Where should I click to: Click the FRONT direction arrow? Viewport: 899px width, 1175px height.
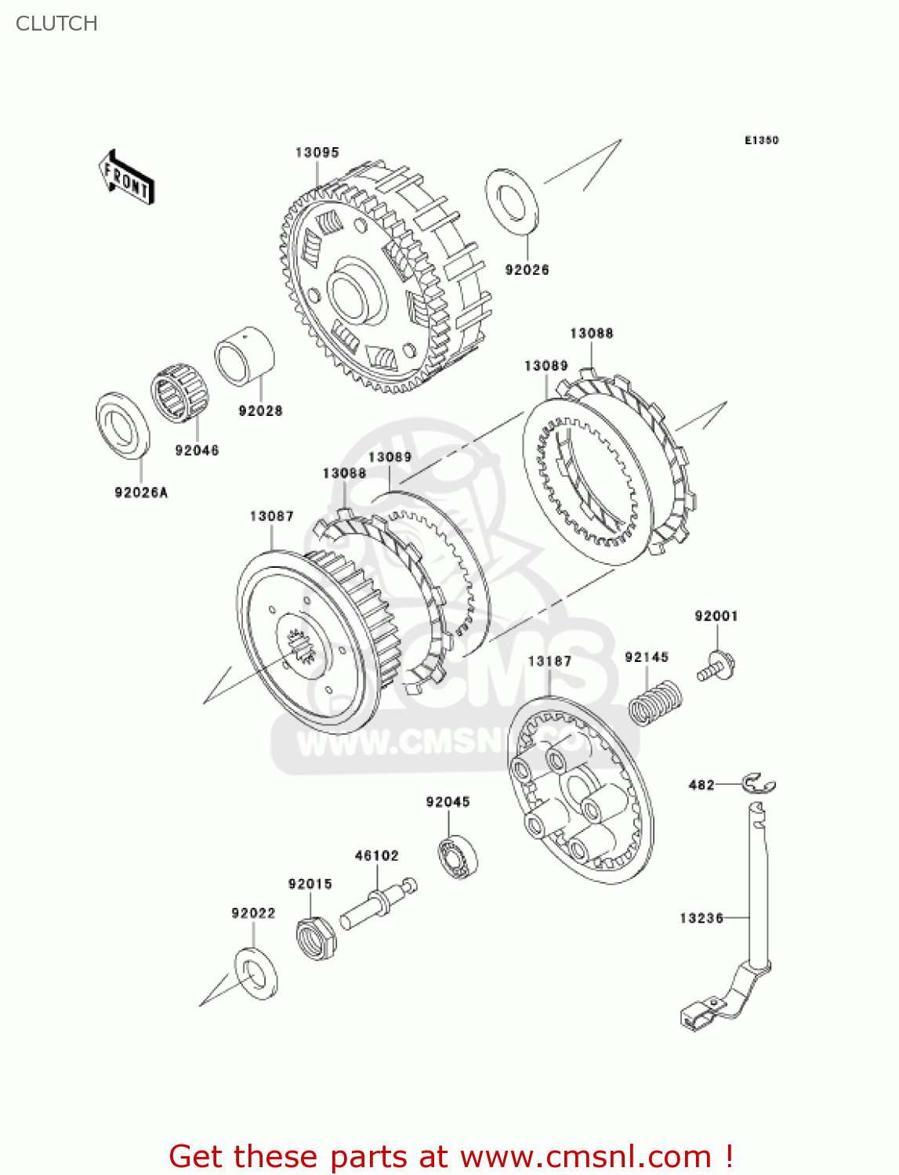coord(125,178)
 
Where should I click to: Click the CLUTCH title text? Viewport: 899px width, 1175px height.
coord(56,23)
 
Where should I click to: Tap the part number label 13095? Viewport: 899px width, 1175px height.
coord(317,153)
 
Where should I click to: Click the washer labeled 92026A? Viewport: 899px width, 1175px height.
coord(122,425)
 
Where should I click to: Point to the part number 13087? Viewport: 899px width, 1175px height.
coord(271,516)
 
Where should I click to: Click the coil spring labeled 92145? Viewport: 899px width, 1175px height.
coord(655,703)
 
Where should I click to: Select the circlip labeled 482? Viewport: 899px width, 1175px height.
coord(759,783)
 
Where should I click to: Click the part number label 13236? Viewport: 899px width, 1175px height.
coord(701,918)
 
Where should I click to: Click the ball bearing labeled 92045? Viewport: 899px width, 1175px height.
coord(459,857)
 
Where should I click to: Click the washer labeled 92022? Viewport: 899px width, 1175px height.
coord(256,973)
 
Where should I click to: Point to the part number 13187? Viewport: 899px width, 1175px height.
coord(549,661)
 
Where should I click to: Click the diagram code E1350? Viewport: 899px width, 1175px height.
coord(761,140)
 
